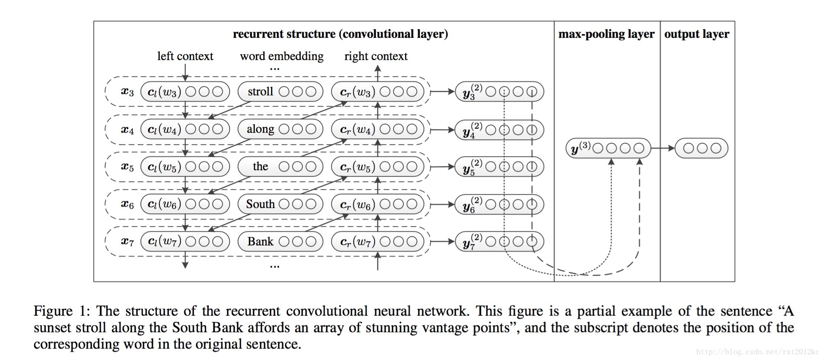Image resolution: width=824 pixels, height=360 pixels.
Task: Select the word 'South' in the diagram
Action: [x=260, y=204]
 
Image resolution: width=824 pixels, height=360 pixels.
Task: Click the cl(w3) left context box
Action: [x=185, y=92]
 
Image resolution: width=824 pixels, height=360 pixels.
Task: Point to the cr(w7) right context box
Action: [x=377, y=242]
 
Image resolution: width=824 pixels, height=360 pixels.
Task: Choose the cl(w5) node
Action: [x=185, y=167]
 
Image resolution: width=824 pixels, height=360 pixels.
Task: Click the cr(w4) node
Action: [x=377, y=129]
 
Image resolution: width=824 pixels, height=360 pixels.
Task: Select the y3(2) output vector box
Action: [x=499, y=92]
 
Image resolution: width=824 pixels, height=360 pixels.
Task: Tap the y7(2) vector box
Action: [x=499, y=242]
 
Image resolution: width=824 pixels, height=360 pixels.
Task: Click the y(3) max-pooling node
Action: [x=608, y=148]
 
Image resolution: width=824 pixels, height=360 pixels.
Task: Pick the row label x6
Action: [x=127, y=204]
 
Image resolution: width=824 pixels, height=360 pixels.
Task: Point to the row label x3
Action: [x=127, y=92]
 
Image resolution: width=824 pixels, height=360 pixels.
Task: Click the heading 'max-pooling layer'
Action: [x=606, y=34]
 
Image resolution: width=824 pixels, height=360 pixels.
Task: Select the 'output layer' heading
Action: [x=697, y=34]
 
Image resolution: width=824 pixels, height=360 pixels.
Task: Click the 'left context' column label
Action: [x=185, y=56]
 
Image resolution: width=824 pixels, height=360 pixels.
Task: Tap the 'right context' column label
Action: [x=376, y=56]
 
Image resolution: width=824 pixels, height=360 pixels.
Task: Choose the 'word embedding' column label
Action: [x=282, y=56]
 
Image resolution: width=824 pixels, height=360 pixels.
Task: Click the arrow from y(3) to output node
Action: [x=663, y=148]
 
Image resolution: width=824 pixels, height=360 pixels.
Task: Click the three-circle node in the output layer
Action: [x=702, y=148]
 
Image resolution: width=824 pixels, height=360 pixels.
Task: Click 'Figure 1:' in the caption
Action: [x=62, y=311]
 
